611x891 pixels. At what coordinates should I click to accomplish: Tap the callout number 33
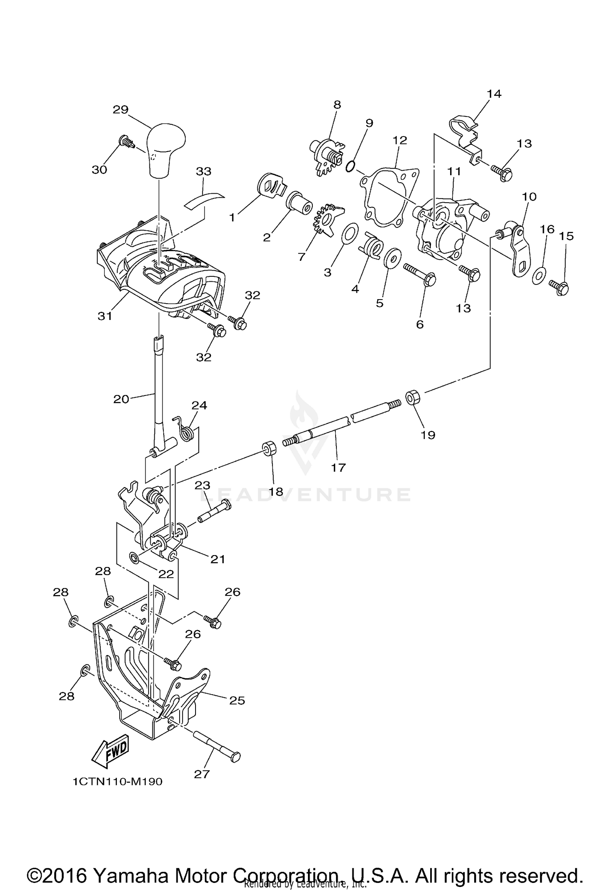tap(204, 171)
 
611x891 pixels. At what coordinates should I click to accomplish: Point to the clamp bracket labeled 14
tap(465, 134)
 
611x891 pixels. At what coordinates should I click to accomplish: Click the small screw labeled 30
tap(126, 142)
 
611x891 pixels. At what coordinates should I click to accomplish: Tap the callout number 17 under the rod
tap(338, 468)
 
